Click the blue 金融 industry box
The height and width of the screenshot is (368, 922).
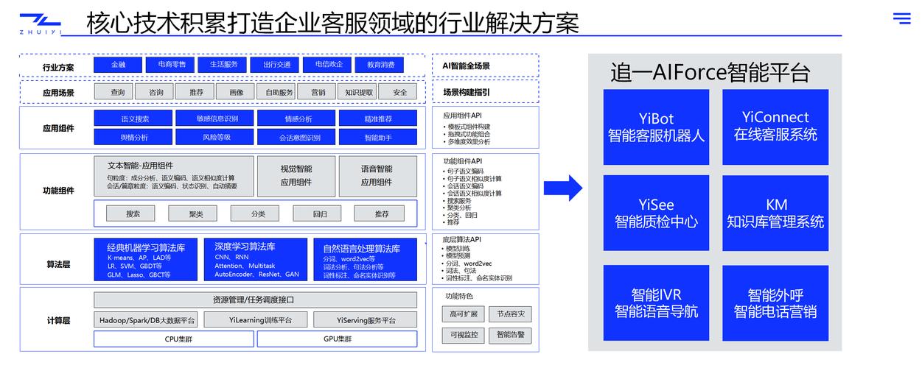point(118,65)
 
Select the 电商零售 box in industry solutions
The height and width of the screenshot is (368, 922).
point(171,65)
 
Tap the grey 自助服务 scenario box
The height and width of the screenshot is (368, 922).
point(279,92)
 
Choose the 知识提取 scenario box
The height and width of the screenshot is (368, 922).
point(359,92)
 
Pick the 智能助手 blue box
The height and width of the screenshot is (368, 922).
point(377,137)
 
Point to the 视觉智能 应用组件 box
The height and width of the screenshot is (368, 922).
point(296,176)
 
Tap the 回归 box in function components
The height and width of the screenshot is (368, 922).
point(320,213)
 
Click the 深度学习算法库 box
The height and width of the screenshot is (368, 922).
point(256,259)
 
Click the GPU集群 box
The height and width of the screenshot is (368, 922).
point(337,339)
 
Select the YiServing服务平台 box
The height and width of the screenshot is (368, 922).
point(366,320)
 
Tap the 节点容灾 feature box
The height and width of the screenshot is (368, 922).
point(510,314)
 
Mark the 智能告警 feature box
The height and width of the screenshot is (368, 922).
point(510,335)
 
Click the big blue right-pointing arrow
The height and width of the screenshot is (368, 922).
point(563,188)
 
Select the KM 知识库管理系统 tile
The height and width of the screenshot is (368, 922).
point(775,213)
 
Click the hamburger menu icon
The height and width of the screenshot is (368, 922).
point(902,18)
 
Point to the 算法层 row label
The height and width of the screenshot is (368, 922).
point(58,264)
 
